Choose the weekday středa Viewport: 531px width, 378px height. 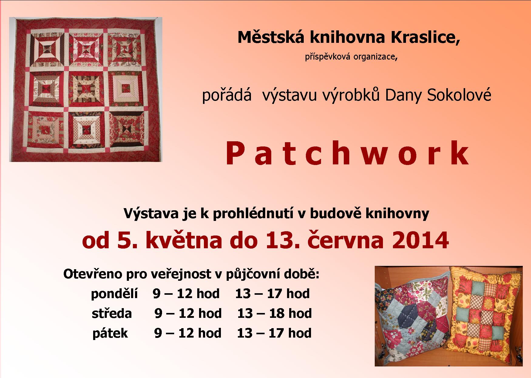(x=112, y=314)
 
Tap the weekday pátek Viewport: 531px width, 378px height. (x=110, y=333)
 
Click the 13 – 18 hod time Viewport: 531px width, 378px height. (x=275, y=314)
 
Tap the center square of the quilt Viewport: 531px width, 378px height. (x=85, y=89)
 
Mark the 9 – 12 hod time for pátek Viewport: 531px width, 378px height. (x=188, y=333)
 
